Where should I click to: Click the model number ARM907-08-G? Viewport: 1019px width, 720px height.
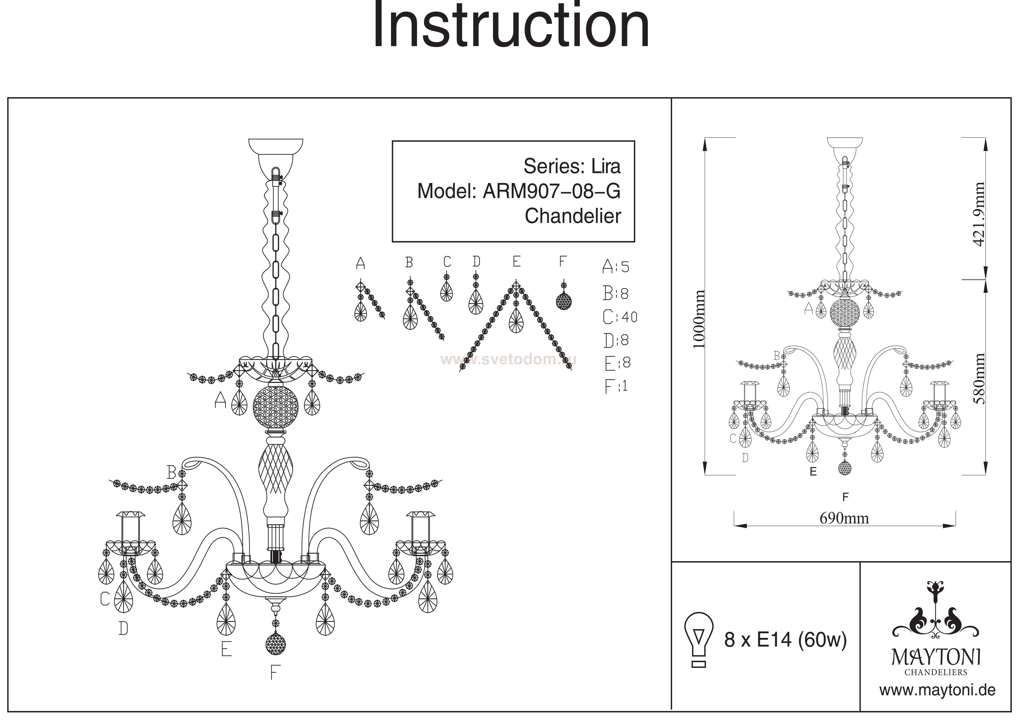(x=551, y=191)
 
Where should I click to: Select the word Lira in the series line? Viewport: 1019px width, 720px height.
(x=606, y=166)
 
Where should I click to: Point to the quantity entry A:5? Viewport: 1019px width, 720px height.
(x=616, y=267)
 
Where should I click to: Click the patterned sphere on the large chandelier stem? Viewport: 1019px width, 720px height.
(x=276, y=406)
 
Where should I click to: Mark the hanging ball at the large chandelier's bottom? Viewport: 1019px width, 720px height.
(x=275, y=644)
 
